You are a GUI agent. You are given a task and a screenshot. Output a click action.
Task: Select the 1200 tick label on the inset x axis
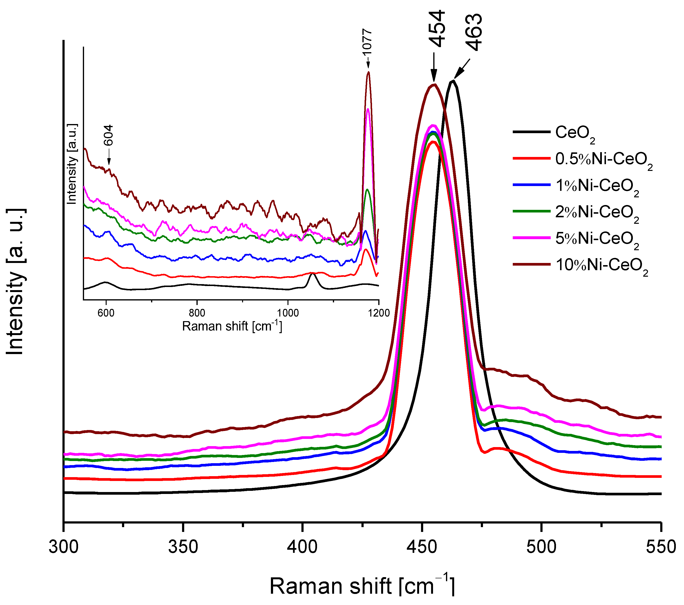(x=379, y=313)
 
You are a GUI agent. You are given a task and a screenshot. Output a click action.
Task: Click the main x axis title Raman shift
(x=362, y=586)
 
